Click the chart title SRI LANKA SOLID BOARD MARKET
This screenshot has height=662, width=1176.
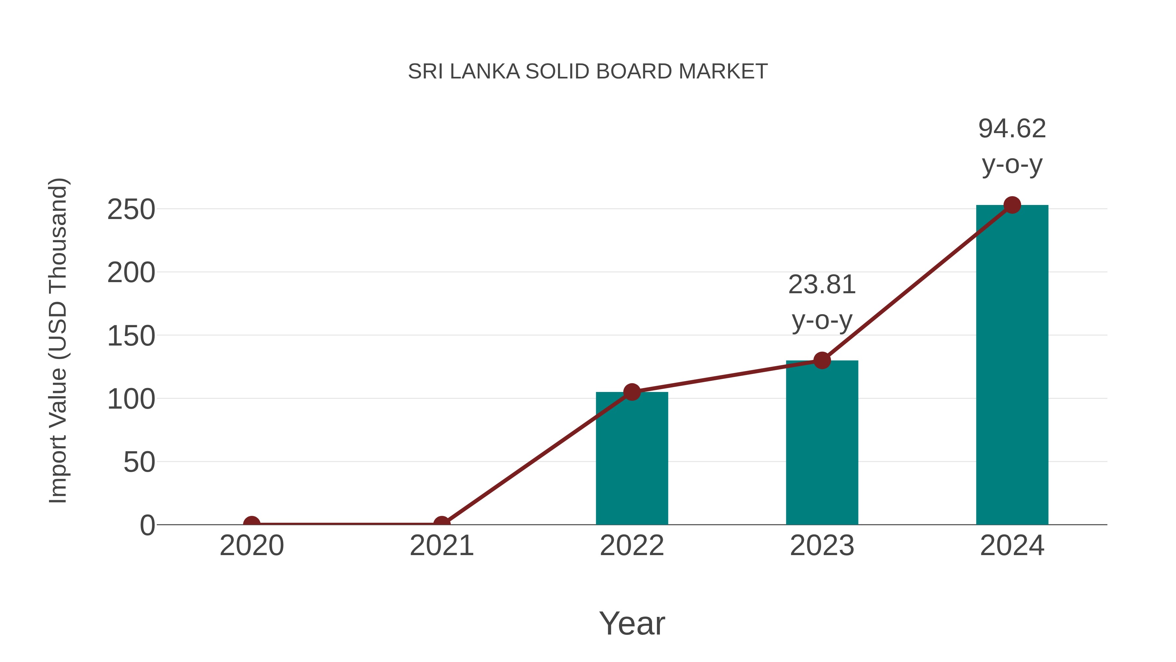[588, 72]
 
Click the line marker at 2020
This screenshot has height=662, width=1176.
[252, 524]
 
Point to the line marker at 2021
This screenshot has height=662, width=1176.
[441, 524]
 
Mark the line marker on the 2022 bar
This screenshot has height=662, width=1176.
[632, 392]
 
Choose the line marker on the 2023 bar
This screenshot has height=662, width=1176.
[822, 361]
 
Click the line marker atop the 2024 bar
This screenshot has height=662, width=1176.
[1012, 205]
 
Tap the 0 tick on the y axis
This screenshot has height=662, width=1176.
[147, 525]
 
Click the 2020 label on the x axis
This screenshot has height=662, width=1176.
[252, 546]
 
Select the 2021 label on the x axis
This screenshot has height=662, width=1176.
[441, 546]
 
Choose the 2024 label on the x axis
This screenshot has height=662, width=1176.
[1012, 546]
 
